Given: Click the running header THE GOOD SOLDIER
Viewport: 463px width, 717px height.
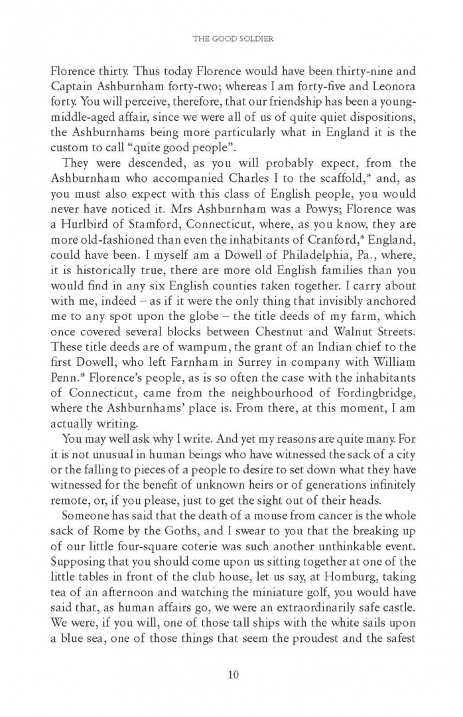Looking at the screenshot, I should (231, 39).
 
